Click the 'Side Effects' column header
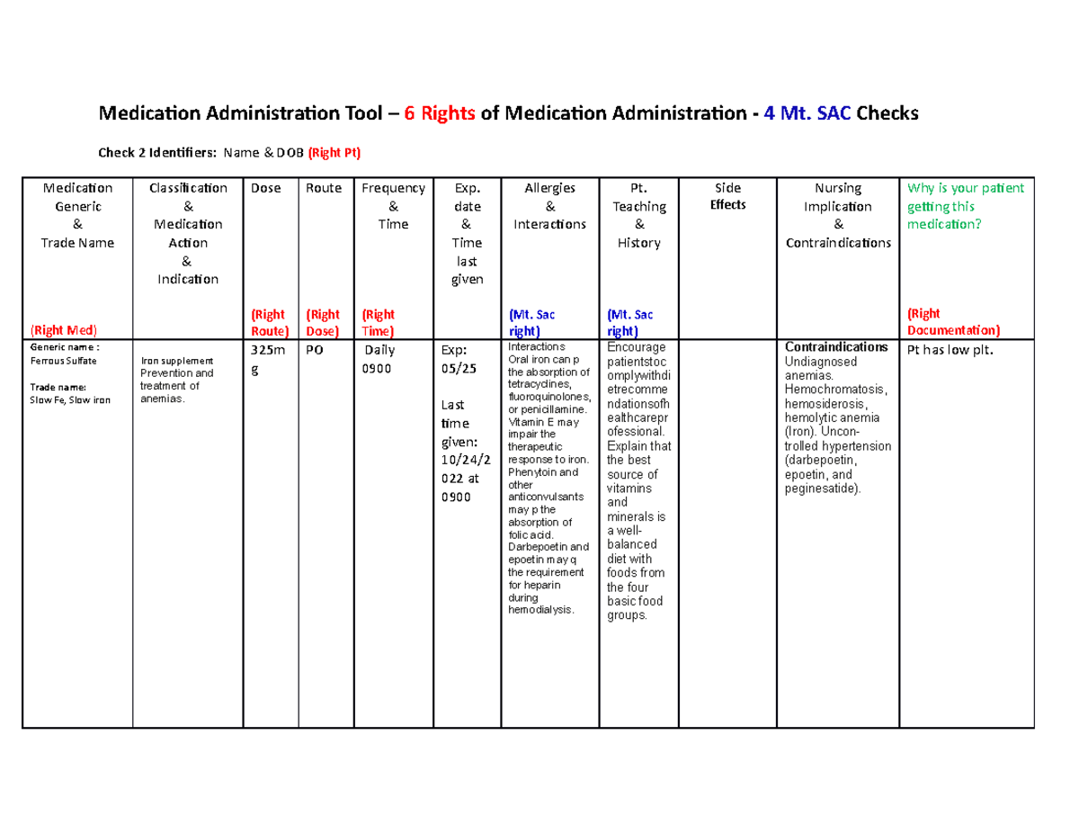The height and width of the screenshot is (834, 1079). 727,196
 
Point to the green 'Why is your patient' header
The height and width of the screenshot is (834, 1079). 966,188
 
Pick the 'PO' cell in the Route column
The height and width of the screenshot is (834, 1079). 316,349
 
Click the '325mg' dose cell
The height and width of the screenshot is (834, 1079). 265,358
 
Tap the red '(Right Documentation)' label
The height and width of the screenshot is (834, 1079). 945,322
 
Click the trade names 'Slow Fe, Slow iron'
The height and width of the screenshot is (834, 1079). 70,399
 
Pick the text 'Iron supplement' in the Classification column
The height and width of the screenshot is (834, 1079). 176,360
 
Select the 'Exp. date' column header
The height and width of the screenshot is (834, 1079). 464,197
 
